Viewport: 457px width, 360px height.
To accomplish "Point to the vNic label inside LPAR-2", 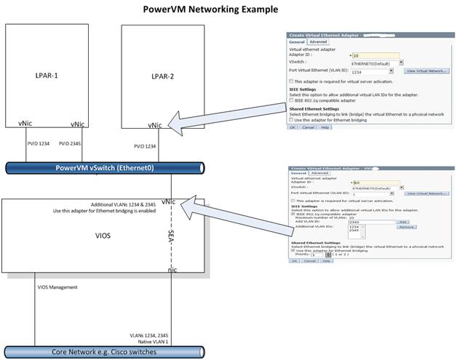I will coord(154,125).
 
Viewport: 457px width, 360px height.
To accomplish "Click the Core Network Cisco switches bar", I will coord(110,352).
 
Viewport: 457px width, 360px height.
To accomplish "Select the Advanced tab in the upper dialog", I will coord(318,42).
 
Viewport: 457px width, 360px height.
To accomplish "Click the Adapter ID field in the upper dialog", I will coord(375,55).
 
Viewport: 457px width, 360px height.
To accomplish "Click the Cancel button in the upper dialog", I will coord(308,127).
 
